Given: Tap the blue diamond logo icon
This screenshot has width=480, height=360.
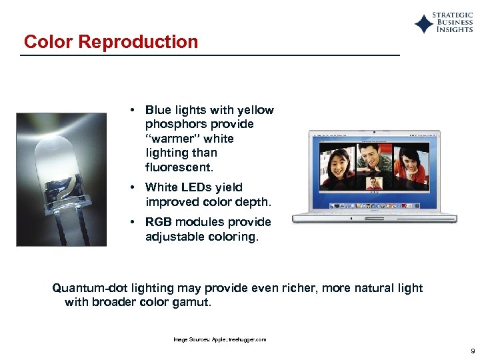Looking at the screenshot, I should click(423, 24).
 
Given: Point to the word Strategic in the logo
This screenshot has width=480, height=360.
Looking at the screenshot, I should click(453, 15).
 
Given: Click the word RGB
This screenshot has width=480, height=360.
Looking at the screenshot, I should click(159, 222).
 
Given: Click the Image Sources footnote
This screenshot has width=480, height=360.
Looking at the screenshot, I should click(219, 339).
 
